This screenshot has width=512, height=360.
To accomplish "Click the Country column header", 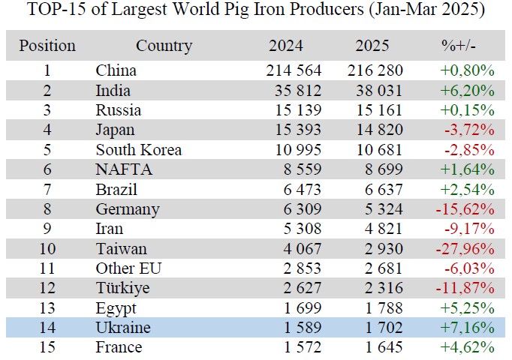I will tap(164, 46).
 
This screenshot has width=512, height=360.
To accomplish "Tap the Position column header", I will tap(47, 46).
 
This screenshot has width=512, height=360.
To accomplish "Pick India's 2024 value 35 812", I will tap(294, 91).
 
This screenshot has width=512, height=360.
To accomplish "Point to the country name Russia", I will tap(119, 110).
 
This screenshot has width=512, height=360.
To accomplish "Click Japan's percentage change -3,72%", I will tap(469, 130).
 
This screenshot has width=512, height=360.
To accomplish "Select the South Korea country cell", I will tap(139, 150).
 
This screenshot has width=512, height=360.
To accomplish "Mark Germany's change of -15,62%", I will tap(465, 209).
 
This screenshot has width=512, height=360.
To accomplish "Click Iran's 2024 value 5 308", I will tap(298, 229).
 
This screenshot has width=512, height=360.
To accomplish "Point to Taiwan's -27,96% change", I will tap(465, 249).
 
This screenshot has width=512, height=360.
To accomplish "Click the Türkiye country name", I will tap(122, 288).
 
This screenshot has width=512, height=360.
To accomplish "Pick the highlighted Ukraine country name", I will tap(123, 328).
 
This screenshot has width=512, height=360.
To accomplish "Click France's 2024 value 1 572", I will tap(298, 347).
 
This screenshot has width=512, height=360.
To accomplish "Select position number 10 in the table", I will tap(47, 249).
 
